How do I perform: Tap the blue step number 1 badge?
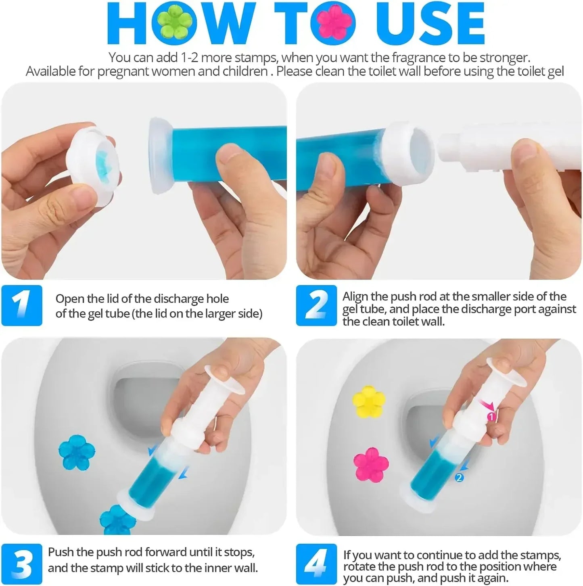22,305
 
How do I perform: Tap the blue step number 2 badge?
316,305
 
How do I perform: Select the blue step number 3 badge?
22,563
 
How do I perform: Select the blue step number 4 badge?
316,563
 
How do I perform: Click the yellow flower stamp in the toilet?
368,401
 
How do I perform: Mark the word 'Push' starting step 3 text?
61,552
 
